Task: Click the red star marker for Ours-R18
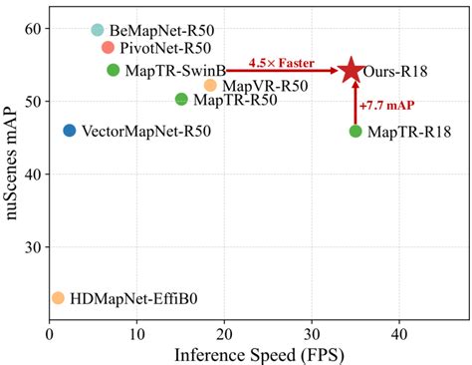(351, 70)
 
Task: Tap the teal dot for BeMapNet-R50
(98, 31)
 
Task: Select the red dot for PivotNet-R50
(109, 48)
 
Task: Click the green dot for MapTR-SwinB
(114, 70)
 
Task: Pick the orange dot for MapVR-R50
(210, 86)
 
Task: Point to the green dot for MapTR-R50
(181, 99)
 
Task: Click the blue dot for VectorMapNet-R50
(70, 131)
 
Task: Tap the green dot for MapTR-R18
(355, 132)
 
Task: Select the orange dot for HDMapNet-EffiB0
(58, 298)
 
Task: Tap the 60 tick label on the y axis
(32, 29)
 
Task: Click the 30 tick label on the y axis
(32, 247)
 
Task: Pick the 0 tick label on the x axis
(49, 332)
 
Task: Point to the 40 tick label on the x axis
(399, 332)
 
